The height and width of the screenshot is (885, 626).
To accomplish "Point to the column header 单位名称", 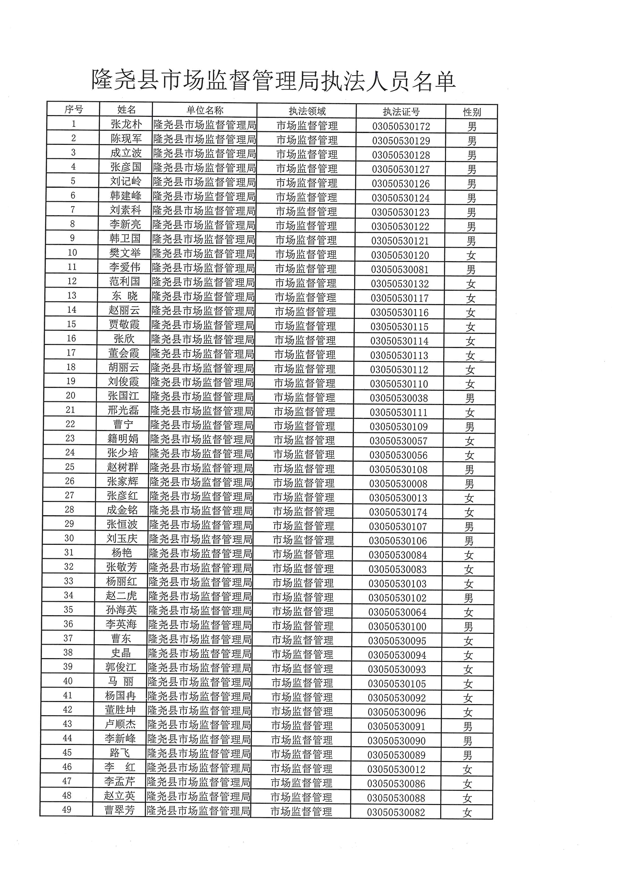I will (x=205, y=111).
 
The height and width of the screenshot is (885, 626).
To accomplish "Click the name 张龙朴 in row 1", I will (x=126, y=124).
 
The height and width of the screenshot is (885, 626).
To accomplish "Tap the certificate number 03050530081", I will (x=400, y=270).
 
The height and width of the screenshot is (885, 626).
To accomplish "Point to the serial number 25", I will (x=70, y=467).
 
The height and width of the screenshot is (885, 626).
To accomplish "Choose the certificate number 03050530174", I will (x=398, y=512).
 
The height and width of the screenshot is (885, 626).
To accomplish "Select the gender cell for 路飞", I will (x=467, y=755).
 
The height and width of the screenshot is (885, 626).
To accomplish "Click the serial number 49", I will (x=67, y=810).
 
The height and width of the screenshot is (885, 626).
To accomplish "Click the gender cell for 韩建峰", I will (x=472, y=198).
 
